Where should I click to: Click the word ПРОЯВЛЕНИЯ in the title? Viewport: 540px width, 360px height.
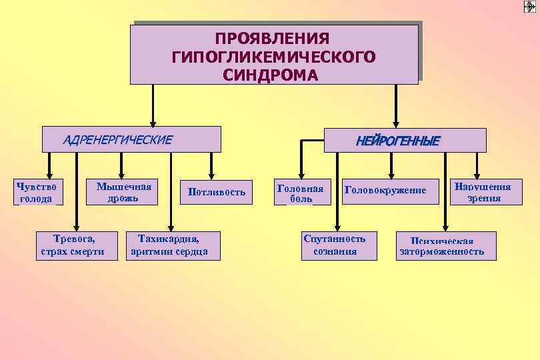pos(273,39)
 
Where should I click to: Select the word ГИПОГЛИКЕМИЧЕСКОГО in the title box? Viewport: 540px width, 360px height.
pos(273,57)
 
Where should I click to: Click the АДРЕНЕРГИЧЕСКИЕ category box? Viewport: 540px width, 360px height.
pos(131,140)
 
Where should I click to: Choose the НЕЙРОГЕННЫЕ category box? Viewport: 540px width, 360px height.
pos(405,141)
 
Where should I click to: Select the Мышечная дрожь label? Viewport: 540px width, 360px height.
pos(124,192)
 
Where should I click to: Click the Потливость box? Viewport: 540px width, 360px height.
pos(217,192)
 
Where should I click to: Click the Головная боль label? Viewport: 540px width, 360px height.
pos(299,193)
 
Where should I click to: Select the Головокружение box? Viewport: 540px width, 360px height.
pos(385,190)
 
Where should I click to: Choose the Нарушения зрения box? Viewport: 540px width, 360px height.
pos(483,192)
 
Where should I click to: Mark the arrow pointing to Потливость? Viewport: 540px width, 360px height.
pos(211,165)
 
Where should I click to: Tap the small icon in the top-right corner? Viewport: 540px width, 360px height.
pos(530,7)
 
